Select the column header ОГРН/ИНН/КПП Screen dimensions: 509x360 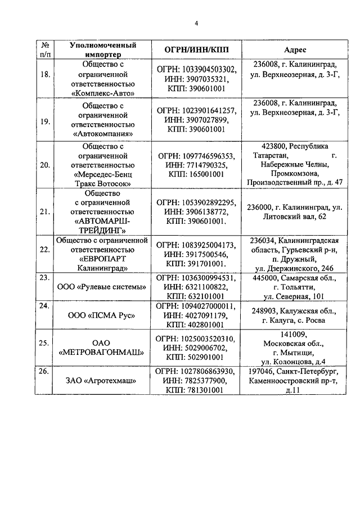197,50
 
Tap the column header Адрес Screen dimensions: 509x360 295,50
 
